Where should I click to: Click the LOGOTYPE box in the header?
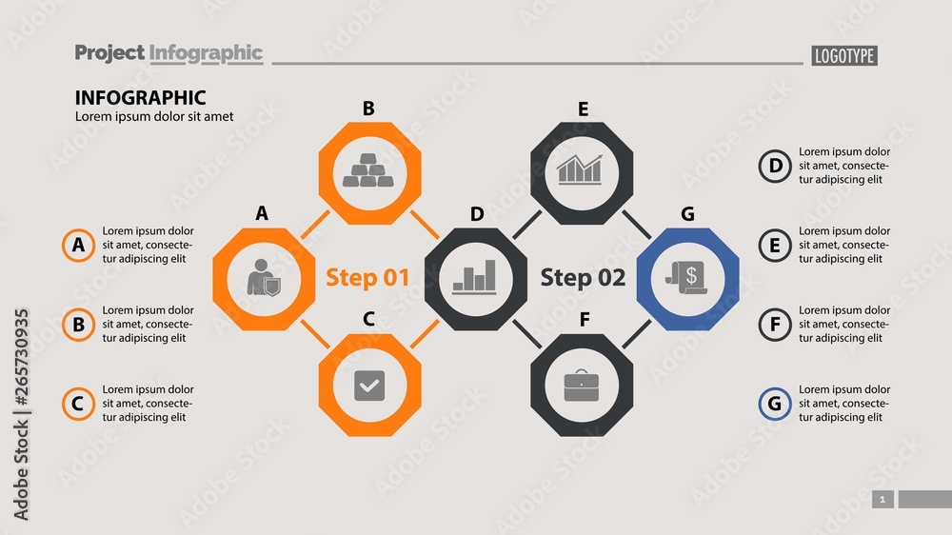point(843,56)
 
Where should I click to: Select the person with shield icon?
point(263,278)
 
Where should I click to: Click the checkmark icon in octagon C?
point(368,386)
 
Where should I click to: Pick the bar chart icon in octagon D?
point(475,278)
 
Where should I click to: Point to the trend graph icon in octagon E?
point(580,170)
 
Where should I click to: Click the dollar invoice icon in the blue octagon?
point(687,278)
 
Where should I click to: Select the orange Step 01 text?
point(367,278)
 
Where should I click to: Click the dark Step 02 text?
point(583,278)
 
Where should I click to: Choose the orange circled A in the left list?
point(78,246)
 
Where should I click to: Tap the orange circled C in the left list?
point(78,404)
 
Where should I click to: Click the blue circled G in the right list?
point(774,404)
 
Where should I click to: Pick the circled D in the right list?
point(774,167)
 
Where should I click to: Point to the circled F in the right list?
point(774,325)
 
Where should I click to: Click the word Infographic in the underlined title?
point(206,53)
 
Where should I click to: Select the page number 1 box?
point(883,500)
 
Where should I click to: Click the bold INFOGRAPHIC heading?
point(140,97)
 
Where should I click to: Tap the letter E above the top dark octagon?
point(583,109)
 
